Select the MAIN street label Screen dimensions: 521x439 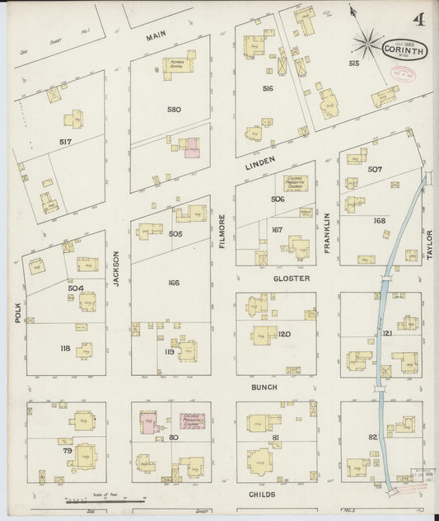[x=156, y=37]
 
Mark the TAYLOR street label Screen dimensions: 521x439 [x=430, y=245]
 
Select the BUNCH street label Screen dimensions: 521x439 [x=264, y=387]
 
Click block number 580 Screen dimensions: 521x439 [x=174, y=109]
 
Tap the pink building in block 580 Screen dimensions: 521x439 [x=191, y=147]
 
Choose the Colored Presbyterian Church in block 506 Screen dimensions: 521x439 [x=295, y=182]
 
